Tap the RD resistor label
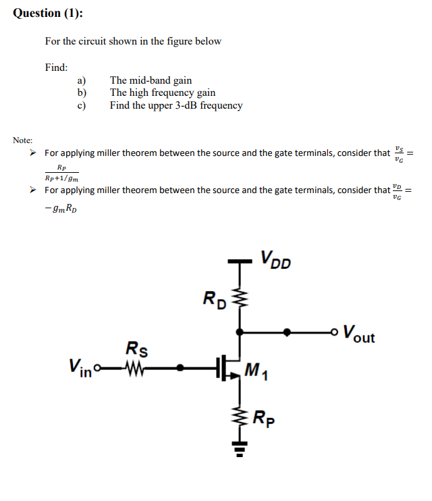215,298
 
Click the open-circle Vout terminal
334,332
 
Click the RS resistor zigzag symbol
134,368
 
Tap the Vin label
80,369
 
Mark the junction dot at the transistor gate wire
180,368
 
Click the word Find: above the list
56,68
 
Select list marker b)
82,93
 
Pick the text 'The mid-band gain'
151,81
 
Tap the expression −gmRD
65,211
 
